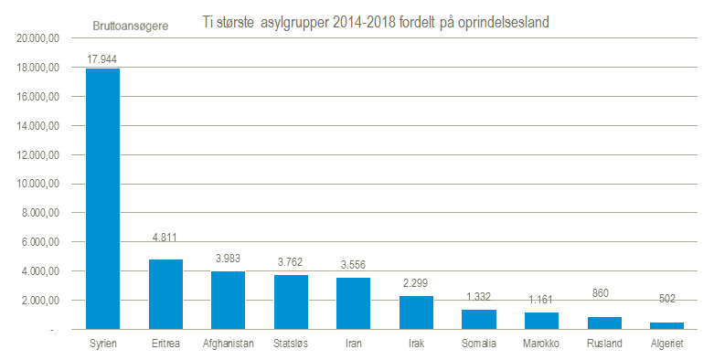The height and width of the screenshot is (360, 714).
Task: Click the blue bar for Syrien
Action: tap(103, 199)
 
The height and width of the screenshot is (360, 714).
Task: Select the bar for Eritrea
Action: tap(165, 294)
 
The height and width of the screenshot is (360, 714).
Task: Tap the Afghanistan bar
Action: tap(229, 301)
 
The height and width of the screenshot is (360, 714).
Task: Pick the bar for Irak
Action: tap(416, 312)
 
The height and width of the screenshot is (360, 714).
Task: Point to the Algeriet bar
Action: tap(667, 325)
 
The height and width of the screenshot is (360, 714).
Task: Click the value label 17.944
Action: tap(102, 59)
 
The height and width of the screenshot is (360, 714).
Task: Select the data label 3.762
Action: tap(290, 262)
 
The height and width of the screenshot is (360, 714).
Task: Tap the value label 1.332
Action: tap(478, 297)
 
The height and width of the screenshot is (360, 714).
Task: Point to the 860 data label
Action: tap(600, 293)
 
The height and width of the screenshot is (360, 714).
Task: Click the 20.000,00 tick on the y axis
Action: tap(37, 38)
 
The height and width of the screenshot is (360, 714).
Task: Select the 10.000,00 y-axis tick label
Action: tap(37, 184)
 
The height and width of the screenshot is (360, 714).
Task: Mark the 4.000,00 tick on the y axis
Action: tap(40, 271)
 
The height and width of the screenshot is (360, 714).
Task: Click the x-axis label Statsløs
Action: tap(291, 344)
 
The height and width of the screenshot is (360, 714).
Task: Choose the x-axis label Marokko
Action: tap(541, 344)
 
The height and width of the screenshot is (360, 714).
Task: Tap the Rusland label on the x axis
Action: tap(604, 344)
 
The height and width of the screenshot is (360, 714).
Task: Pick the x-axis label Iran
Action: tap(354, 344)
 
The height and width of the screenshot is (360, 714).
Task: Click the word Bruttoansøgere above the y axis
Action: tap(130, 26)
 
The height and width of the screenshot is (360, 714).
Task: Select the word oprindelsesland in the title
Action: tap(503, 23)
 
